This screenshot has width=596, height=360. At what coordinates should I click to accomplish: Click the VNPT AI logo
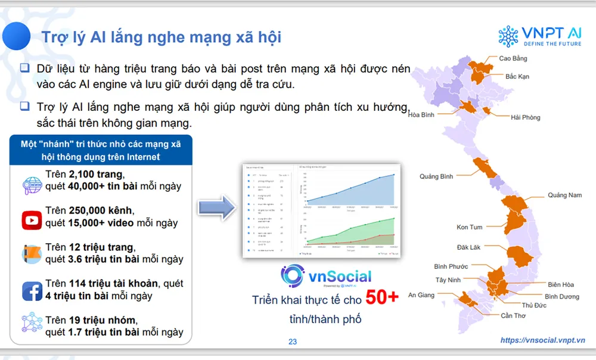(541, 36)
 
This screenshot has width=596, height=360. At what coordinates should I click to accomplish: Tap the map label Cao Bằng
(513, 58)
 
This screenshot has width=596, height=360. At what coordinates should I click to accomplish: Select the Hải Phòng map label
(525, 117)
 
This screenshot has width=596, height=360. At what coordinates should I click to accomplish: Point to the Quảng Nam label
(564, 195)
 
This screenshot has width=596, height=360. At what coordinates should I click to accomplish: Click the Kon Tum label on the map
(470, 227)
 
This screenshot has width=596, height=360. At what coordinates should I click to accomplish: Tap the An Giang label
(421, 295)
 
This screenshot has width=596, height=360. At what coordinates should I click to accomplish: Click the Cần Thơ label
(513, 315)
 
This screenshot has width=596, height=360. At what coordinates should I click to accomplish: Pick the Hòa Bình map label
(421, 114)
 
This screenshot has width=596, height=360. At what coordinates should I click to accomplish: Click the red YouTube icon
(31, 220)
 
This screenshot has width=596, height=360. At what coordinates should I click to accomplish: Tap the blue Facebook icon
(31, 291)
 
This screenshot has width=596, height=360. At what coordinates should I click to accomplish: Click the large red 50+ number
(382, 297)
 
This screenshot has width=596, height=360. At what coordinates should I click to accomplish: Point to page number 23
(292, 342)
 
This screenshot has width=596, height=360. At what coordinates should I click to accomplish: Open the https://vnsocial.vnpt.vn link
(542, 340)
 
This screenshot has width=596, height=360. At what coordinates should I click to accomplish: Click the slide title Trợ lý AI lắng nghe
(161, 37)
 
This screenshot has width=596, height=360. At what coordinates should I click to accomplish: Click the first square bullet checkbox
(24, 68)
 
